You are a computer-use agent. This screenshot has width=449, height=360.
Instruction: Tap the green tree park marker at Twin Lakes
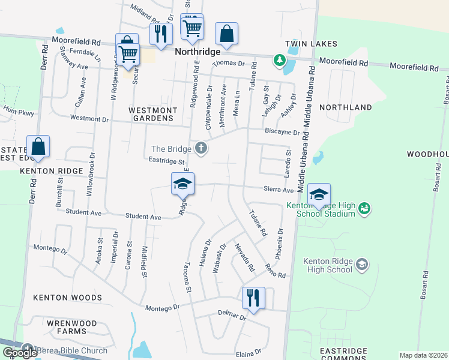279,59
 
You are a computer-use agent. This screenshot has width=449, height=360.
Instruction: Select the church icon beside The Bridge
201,148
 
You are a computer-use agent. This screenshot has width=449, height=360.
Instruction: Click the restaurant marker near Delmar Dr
253,298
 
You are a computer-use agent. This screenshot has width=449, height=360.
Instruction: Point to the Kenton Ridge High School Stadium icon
363,208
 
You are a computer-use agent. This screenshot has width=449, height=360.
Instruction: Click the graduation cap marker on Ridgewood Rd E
182,184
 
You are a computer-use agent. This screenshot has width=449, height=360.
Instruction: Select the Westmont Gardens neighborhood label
153,115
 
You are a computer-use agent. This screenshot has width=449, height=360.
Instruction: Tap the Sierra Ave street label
279,190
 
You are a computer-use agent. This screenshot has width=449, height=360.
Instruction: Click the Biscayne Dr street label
282,132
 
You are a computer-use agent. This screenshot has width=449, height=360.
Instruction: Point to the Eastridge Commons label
343,354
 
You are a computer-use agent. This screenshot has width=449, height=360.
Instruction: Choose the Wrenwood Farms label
71,327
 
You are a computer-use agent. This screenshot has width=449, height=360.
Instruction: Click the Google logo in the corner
20,353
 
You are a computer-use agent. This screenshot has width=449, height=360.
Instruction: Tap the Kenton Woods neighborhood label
67,298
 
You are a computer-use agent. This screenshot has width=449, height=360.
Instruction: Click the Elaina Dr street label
249,352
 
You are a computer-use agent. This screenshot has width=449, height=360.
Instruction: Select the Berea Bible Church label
71,350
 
